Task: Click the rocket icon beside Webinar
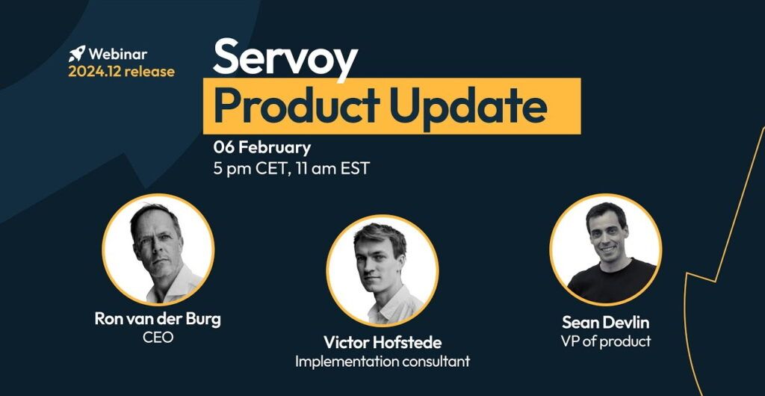pyautogui.click(x=77, y=54)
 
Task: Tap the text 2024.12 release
pyautogui.click(x=122, y=72)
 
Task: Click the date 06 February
pyautogui.click(x=262, y=147)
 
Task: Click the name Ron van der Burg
pyautogui.click(x=158, y=320)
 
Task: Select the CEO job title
pyautogui.click(x=158, y=337)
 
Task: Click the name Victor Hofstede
pyautogui.click(x=382, y=342)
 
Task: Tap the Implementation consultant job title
pyautogui.click(x=382, y=362)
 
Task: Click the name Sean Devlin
pyautogui.click(x=605, y=322)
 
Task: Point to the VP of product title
pyautogui.click(x=605, y=341)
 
